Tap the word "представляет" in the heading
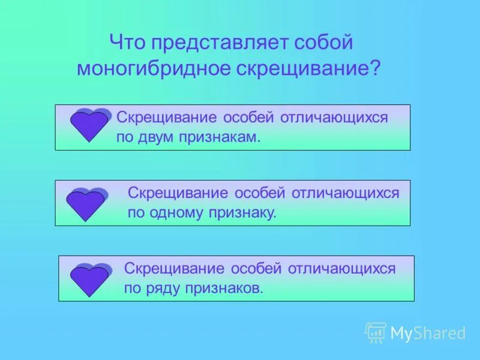pyautogui.click(x=219, y=43)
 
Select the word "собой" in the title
pyautogui.click(x=324, y=43)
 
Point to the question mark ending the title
pyautogui.click(x=376, y=68)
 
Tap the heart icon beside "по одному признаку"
pyautogui.click(x=86, y=203)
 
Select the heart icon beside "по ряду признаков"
pyautogui.click(x=90, y=279)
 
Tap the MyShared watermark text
pyautogui.click(x=428, y=333)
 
